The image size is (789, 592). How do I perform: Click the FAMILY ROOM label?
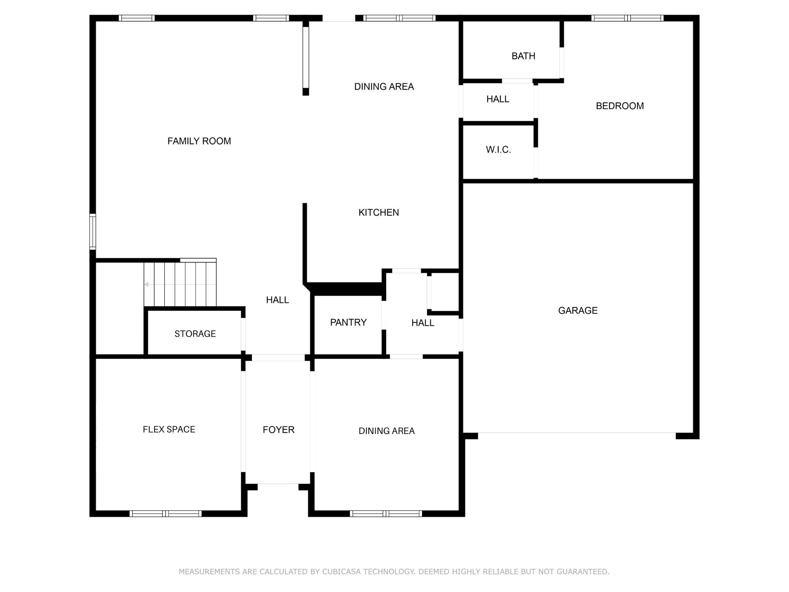point(199,141)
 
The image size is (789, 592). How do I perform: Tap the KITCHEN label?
point(379,212)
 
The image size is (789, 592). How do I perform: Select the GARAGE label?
point(578,310)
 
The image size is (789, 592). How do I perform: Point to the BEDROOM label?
point(620,106)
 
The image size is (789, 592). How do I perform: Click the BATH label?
point(524,56)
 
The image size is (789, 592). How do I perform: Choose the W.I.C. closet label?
point(499,150)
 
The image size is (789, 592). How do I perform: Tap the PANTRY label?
point(348,322)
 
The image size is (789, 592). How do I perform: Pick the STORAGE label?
point(195,334)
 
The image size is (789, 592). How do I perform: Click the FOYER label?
point(279,430)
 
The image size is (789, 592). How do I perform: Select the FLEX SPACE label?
point(169,429)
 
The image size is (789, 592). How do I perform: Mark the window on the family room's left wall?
point(92,231)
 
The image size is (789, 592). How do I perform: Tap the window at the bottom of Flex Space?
point(166,513)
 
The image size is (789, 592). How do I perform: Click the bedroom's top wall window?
point(628,18)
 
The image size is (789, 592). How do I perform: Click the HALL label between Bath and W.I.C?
point(498,99)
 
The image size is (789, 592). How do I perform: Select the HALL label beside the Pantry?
point(423,323)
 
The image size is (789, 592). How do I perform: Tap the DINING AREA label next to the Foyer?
point(387,431)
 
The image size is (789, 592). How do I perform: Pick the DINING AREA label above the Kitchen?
point(384,87)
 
